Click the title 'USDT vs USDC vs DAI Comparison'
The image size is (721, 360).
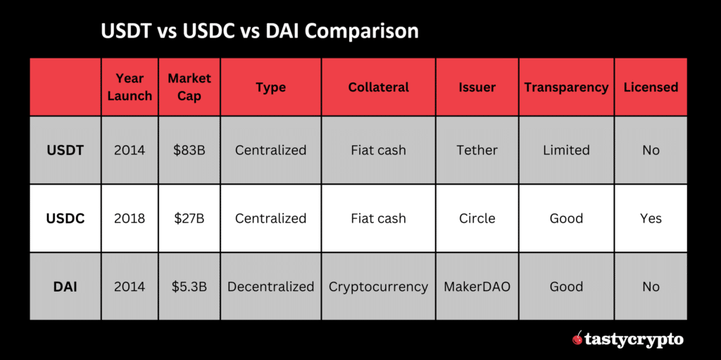(x=259, y=32)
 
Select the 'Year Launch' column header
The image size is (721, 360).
(x=130, y=87)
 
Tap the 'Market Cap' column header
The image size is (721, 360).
(x=189, y=87)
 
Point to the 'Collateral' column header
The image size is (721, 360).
(x=378, y=87)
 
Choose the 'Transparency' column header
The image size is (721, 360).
(x=566, y=87)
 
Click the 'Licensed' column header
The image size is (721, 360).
(x=651, y=87)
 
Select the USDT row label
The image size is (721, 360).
(x=65, y=150)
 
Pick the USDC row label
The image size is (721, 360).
(x=65, y=218)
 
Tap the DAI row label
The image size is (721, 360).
(x=65, y=287)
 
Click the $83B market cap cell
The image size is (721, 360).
(x=189, y=150)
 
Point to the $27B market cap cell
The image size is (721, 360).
(x=189, y=218)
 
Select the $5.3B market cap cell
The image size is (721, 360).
(x=189, y=287)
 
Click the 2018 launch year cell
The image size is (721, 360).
(x=130, y=218)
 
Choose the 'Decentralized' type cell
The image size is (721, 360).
(x=270, y=287)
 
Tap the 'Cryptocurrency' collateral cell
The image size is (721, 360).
(x=378, y=287)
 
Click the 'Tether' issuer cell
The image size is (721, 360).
(x=477, y=150)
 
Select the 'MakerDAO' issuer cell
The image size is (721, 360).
(x=477, y=287)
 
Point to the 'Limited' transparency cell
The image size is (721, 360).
(x=566, y=150)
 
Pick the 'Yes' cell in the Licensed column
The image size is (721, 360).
(x=651, y=218)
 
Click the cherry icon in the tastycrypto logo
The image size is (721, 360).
(x=577, y=339)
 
